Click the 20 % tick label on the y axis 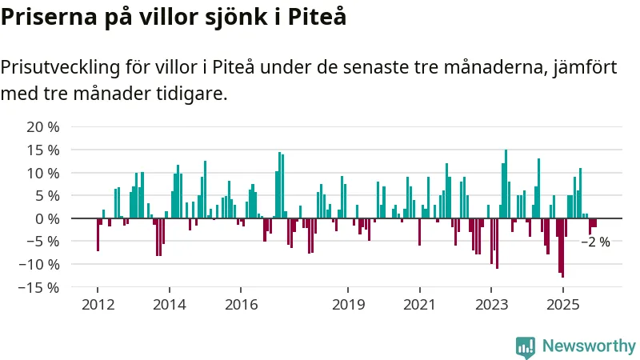click(x=43, y=127)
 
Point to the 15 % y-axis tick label click(x=43, y=150)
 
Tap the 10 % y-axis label click(x=43, y=173)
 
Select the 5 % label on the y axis click(x=46, y=196)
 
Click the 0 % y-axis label click(x=46, y=218)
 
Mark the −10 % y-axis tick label click(x=39, y=264)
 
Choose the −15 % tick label click(x=39, y=286)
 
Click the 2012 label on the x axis click(x=98, y=305)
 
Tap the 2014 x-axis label click(x=169, y=305)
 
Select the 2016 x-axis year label click(x=241, y=305)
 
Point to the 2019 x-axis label click(x=348, y=305)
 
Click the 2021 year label click(x=419, y=305)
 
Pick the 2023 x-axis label click(x=491, y=305)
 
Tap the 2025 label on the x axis click(x=562, y=305)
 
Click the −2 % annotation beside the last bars click(x=595, y=242)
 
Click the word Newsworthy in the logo click(x=589, y=346)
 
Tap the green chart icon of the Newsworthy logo click(x=526, y=346)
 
